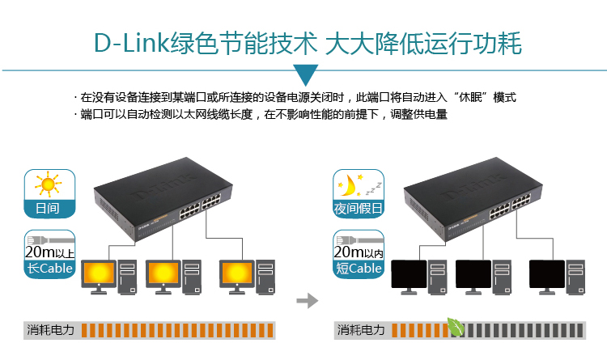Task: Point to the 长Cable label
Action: pos(49,268)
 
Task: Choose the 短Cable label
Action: pos(358,268)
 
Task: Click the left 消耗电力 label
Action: pos(50,330)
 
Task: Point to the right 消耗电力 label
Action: pos(362,330)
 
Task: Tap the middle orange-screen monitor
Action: pos(163,274)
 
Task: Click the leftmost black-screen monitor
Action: pos(410,274)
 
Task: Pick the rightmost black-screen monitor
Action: pos(547,274)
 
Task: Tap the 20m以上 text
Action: pos(49,252)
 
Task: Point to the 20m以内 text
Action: pos(358,252)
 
